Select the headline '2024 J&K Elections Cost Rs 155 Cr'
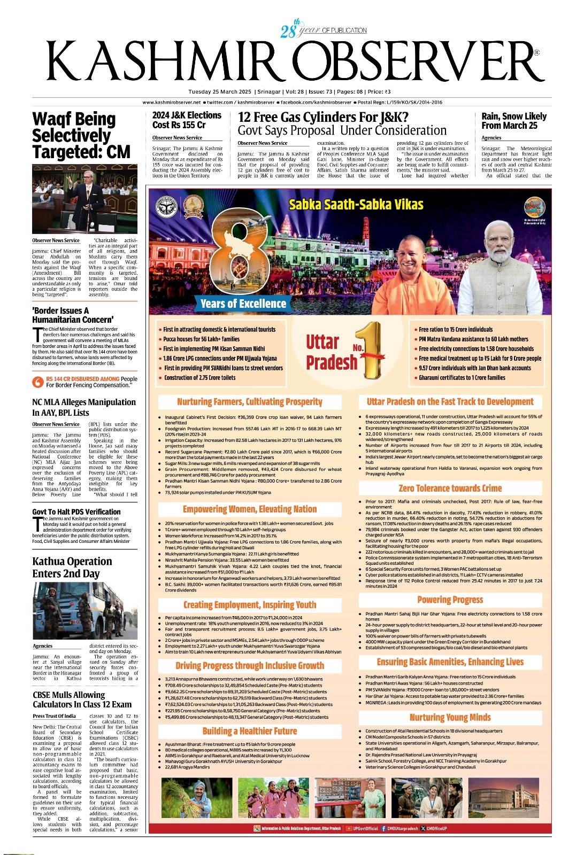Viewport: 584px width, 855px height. [187, 120]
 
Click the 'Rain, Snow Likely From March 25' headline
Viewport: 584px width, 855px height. [513, 121]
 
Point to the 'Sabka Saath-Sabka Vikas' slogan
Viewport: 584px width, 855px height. [356, 205]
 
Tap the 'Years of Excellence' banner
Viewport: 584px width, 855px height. [243, 304]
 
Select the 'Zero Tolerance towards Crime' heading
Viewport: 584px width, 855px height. [450, 488]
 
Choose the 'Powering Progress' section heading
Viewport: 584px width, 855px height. [450, 600]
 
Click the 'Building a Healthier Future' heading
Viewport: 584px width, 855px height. [249, 731]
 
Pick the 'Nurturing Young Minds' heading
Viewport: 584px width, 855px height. [450, 717]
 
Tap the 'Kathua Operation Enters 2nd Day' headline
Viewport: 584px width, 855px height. [72, 567]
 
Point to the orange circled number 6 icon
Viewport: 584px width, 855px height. [37, 382]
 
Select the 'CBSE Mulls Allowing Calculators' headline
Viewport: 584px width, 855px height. [82, 699]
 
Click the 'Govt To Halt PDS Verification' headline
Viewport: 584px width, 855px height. [76, 511]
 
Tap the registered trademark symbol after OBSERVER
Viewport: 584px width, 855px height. [536, 53]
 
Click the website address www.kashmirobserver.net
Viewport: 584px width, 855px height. [171, 102]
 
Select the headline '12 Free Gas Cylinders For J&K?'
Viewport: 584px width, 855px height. [322, 117]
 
